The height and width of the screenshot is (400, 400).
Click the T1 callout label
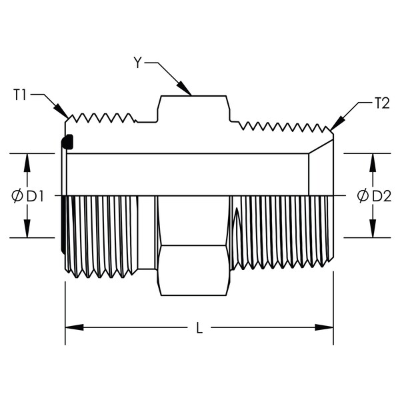(19, 95)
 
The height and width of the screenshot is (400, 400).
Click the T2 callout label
(382, 103)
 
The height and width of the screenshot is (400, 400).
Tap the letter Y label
(138, 63)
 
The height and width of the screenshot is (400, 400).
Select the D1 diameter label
(35, 197)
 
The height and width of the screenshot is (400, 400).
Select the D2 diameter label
(381, 197)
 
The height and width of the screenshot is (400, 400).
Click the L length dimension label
(199, 327)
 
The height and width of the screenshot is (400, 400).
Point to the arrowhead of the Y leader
(185, 88)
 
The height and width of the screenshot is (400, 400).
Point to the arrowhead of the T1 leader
(61, 111)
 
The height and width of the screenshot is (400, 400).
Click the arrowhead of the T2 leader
(337, 124)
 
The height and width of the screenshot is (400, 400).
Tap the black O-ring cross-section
(68, 142)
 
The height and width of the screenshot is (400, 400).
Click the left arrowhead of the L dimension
(75, 327)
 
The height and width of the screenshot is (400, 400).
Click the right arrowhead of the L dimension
(324, 327)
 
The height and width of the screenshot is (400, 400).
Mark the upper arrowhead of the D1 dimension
(27, 163)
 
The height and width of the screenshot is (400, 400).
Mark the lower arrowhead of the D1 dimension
(27, 229)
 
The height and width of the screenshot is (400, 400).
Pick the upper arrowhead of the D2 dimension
(373, 163)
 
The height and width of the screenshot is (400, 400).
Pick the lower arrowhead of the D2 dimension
(373, 229)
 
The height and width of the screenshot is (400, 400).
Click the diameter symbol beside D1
(17, 197)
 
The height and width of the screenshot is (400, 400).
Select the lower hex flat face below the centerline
(193, 271)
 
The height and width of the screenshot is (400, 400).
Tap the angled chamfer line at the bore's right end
(321, 147)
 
